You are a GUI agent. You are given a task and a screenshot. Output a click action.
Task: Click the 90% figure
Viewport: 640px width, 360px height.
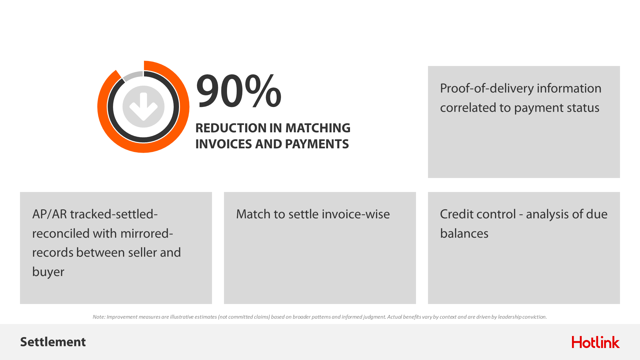239,91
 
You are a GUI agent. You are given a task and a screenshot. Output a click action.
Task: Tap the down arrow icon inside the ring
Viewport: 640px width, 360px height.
143,107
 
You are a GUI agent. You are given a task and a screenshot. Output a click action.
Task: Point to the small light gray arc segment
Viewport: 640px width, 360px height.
133,76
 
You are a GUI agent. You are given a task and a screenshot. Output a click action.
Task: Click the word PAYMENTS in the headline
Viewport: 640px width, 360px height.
317,144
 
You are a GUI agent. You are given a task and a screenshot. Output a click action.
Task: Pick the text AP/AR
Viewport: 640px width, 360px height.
49,214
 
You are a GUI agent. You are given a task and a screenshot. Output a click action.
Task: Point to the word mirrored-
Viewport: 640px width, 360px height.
147,233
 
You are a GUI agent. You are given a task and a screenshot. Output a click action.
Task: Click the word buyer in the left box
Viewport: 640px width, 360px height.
48,272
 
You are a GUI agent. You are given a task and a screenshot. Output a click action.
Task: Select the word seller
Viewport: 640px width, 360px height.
142,252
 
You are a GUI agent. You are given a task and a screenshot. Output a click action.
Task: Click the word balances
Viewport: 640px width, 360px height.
464,233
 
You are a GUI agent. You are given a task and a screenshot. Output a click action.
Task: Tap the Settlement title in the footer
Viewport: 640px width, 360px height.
53,342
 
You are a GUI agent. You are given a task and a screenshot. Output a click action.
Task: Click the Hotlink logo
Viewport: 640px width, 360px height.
596,342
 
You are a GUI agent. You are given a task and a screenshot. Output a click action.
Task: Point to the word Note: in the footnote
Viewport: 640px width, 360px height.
99,317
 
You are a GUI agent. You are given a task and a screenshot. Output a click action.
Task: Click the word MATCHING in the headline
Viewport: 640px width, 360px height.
318,128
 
